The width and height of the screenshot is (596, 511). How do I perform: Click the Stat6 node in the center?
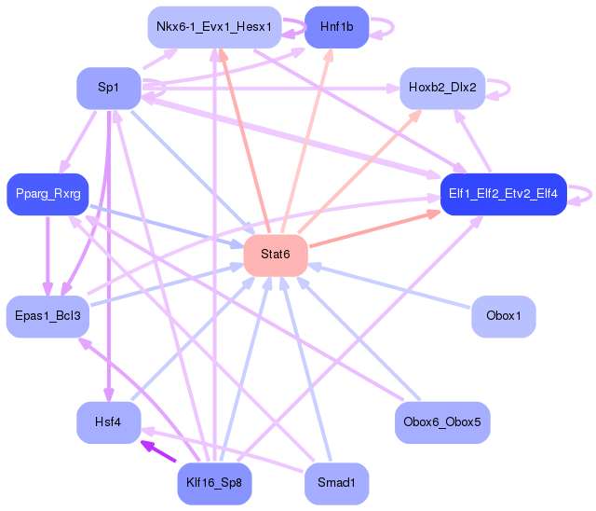(276, 255)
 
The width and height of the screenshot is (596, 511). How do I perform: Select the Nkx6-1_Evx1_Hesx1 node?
(213, 28)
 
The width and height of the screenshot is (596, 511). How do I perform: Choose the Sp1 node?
(108, 88)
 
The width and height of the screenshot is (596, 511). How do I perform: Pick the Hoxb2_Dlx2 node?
(442, 88)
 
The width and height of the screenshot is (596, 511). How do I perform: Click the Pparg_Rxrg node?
(47, 194)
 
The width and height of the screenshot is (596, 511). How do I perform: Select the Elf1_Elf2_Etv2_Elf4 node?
(503, 194)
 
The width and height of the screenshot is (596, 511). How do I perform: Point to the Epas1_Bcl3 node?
(47, 315)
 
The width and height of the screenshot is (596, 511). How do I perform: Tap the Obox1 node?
(504, 315)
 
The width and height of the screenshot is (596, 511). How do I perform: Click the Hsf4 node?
(108, 422)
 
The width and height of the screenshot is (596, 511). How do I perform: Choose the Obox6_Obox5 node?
(442, 422)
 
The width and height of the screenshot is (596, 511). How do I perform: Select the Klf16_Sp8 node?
(214, 483)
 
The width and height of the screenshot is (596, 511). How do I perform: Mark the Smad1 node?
(336, 483)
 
